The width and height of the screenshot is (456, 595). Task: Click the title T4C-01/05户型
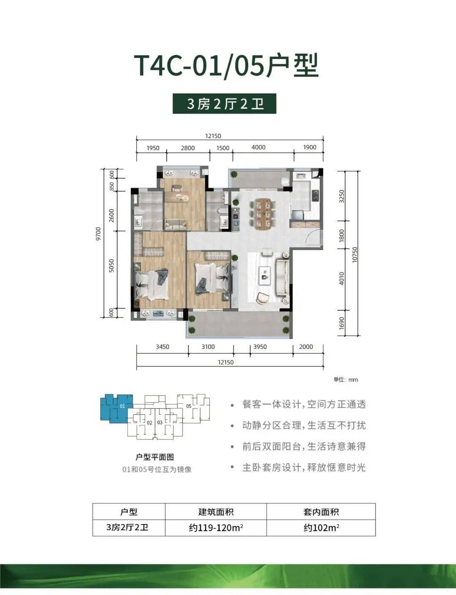(226, 66)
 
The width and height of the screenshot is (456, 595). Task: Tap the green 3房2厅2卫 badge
(225, 104)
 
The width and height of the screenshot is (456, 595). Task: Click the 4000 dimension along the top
(258, 147)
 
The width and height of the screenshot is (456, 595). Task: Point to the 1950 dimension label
(153, 148)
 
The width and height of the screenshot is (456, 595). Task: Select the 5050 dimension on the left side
(111, 266)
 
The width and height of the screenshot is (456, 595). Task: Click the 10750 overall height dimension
(355, 255)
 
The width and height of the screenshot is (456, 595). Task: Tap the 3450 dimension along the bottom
(163, 347)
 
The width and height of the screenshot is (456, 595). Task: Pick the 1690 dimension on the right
(342, 323)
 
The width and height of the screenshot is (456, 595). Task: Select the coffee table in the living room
(265, 273)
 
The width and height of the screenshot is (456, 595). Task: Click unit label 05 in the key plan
(189, 406)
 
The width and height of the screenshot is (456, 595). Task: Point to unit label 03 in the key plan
(160, 423)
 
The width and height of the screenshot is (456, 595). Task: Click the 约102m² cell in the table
(321, 527)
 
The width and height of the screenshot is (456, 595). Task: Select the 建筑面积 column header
(216, 512)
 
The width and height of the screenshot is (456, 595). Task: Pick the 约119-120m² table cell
(216, 527)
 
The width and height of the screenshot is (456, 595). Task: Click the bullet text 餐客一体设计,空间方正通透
(304, 405)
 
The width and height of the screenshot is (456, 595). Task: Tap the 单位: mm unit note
(346, 380)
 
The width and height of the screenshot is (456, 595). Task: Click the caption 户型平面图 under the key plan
(155, 457)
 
